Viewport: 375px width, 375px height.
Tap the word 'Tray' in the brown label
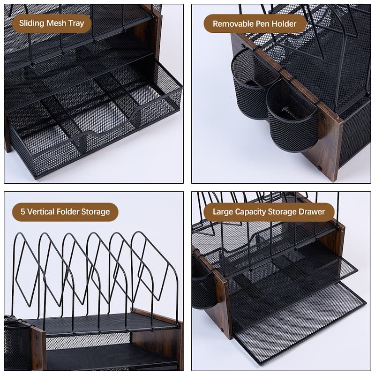point(76,23)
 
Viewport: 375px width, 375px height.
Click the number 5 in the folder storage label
point(22,212)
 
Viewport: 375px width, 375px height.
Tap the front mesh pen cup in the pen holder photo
point(292,117)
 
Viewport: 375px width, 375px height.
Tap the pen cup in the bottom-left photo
point(17,345)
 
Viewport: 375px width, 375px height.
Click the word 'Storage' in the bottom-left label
point(96,212)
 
